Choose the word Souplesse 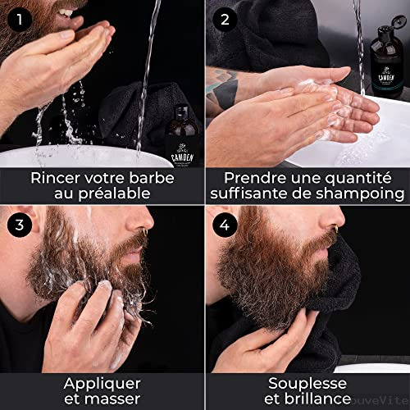click(307, 383)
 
